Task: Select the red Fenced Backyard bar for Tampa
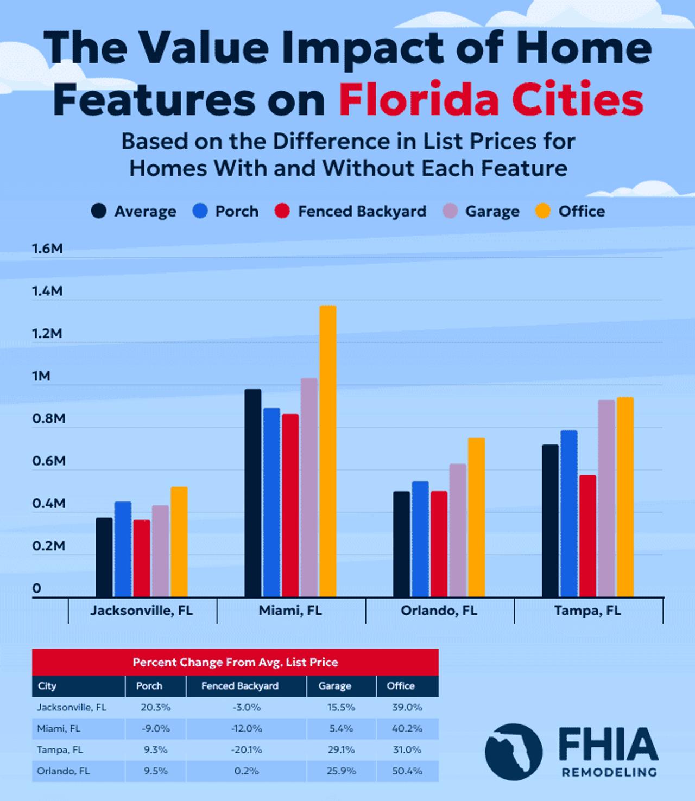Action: coord(587,536)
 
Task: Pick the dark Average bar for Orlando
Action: coord(402,544)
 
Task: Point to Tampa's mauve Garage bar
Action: coord(606,498)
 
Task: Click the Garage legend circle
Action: coord(451,211)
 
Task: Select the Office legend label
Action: coord(581,211)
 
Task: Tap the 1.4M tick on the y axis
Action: coord(47,291)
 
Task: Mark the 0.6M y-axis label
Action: coord(48,461)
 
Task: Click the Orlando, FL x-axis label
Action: coord(439,611)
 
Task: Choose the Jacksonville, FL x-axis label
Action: coord(141,611)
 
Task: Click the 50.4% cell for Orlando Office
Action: coord(407,771)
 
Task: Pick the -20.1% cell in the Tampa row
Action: coord(247,749)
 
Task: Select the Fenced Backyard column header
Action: coord(239,686)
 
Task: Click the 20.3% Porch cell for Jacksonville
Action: coord(156,707)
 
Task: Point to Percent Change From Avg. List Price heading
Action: coord(235,662)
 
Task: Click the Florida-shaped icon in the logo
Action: coord(513,752)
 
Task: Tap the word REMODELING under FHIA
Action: coord(609,772)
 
